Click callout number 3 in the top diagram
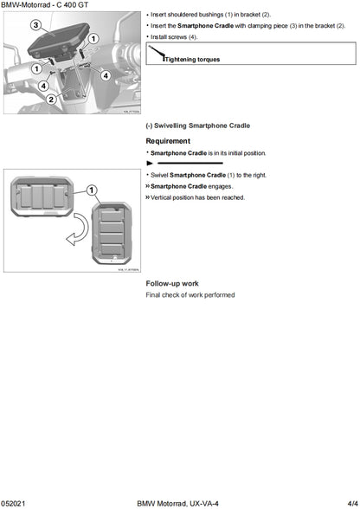pyautogui.click(x=35, y=26)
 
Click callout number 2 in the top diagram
pyautogui.click(x=51, y=99)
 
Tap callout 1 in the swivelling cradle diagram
pyautogui.click(x=92, y=190)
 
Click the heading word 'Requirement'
pyautogui.click(x=168, y=140)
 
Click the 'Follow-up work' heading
pyautogui.click(x=172, y=283)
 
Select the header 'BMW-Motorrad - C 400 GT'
pyautogui.click(x=44, y=5)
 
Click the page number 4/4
pyautogui.click(x=349, y=502)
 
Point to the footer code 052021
pyautogui.click(x=15, y=502)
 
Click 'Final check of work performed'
pyautogui.click(x=190, y=294)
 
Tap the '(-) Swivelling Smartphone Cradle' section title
pyautogui.click(x=198, y=126)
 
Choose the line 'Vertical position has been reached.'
pyautogui.click(x=197, y=197)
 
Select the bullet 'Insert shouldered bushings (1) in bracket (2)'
pyautogui.click(x=211, y=16)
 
